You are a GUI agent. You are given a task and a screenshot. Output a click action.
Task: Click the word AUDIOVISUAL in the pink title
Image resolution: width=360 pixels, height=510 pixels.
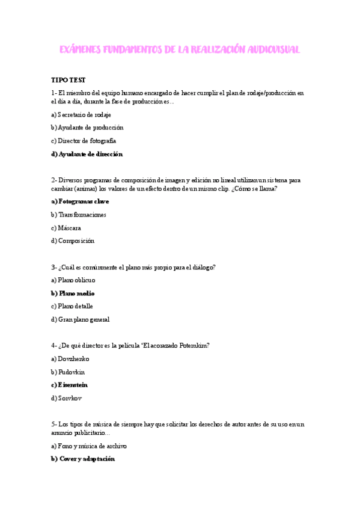(x=265, y=49)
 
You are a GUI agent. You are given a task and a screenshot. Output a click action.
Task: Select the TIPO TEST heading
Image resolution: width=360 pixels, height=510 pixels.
(x=69, y=81)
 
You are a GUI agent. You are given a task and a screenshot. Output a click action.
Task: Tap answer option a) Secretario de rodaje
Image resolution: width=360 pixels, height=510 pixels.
(x=81, y=114)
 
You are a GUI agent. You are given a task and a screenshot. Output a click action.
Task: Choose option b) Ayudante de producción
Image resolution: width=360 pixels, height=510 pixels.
(x=87, y=127)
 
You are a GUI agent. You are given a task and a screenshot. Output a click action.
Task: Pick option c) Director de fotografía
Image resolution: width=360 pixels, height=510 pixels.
(x=84, y=141)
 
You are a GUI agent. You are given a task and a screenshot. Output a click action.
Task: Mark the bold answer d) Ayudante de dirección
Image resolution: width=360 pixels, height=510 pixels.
(x=87, y=154)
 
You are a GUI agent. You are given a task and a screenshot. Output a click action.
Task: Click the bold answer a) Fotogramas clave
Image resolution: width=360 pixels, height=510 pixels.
(x=80, y=201)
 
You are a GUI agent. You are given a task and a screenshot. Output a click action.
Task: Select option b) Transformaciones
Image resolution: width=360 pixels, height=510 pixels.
(x=79, y=215)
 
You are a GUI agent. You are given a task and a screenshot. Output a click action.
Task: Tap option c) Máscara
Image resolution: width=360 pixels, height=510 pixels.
(x=66, y=228)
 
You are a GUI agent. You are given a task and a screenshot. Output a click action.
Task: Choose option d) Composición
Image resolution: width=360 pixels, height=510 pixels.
(x=73, y=241)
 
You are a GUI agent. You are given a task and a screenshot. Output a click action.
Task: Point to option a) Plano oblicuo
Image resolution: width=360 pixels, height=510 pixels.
(x=73, y=280)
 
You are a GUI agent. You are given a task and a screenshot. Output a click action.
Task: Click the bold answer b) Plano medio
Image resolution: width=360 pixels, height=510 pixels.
(x=73, y=293)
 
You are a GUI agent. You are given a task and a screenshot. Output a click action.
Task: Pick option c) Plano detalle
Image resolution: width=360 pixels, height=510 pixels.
(x=72, y=306)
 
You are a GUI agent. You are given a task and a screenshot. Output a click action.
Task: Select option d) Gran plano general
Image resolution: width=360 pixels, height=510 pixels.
(x=81, y=319)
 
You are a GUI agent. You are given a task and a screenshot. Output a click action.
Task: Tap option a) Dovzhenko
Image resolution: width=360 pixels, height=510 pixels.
(x=70, y=358)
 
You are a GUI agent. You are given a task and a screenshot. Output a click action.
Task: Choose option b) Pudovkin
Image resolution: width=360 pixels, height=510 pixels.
(x=68, y=372)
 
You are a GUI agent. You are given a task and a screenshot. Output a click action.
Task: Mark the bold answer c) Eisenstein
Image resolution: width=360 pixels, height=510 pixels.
(x=70, y=385)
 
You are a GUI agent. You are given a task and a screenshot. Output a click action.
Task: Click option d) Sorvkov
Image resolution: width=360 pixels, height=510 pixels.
(x=66, y=398)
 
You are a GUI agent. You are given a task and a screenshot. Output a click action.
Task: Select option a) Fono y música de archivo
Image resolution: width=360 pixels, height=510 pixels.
(x=89, y=446)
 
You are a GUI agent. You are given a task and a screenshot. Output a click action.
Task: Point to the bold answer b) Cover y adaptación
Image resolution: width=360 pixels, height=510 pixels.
(x=83, y=459)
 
